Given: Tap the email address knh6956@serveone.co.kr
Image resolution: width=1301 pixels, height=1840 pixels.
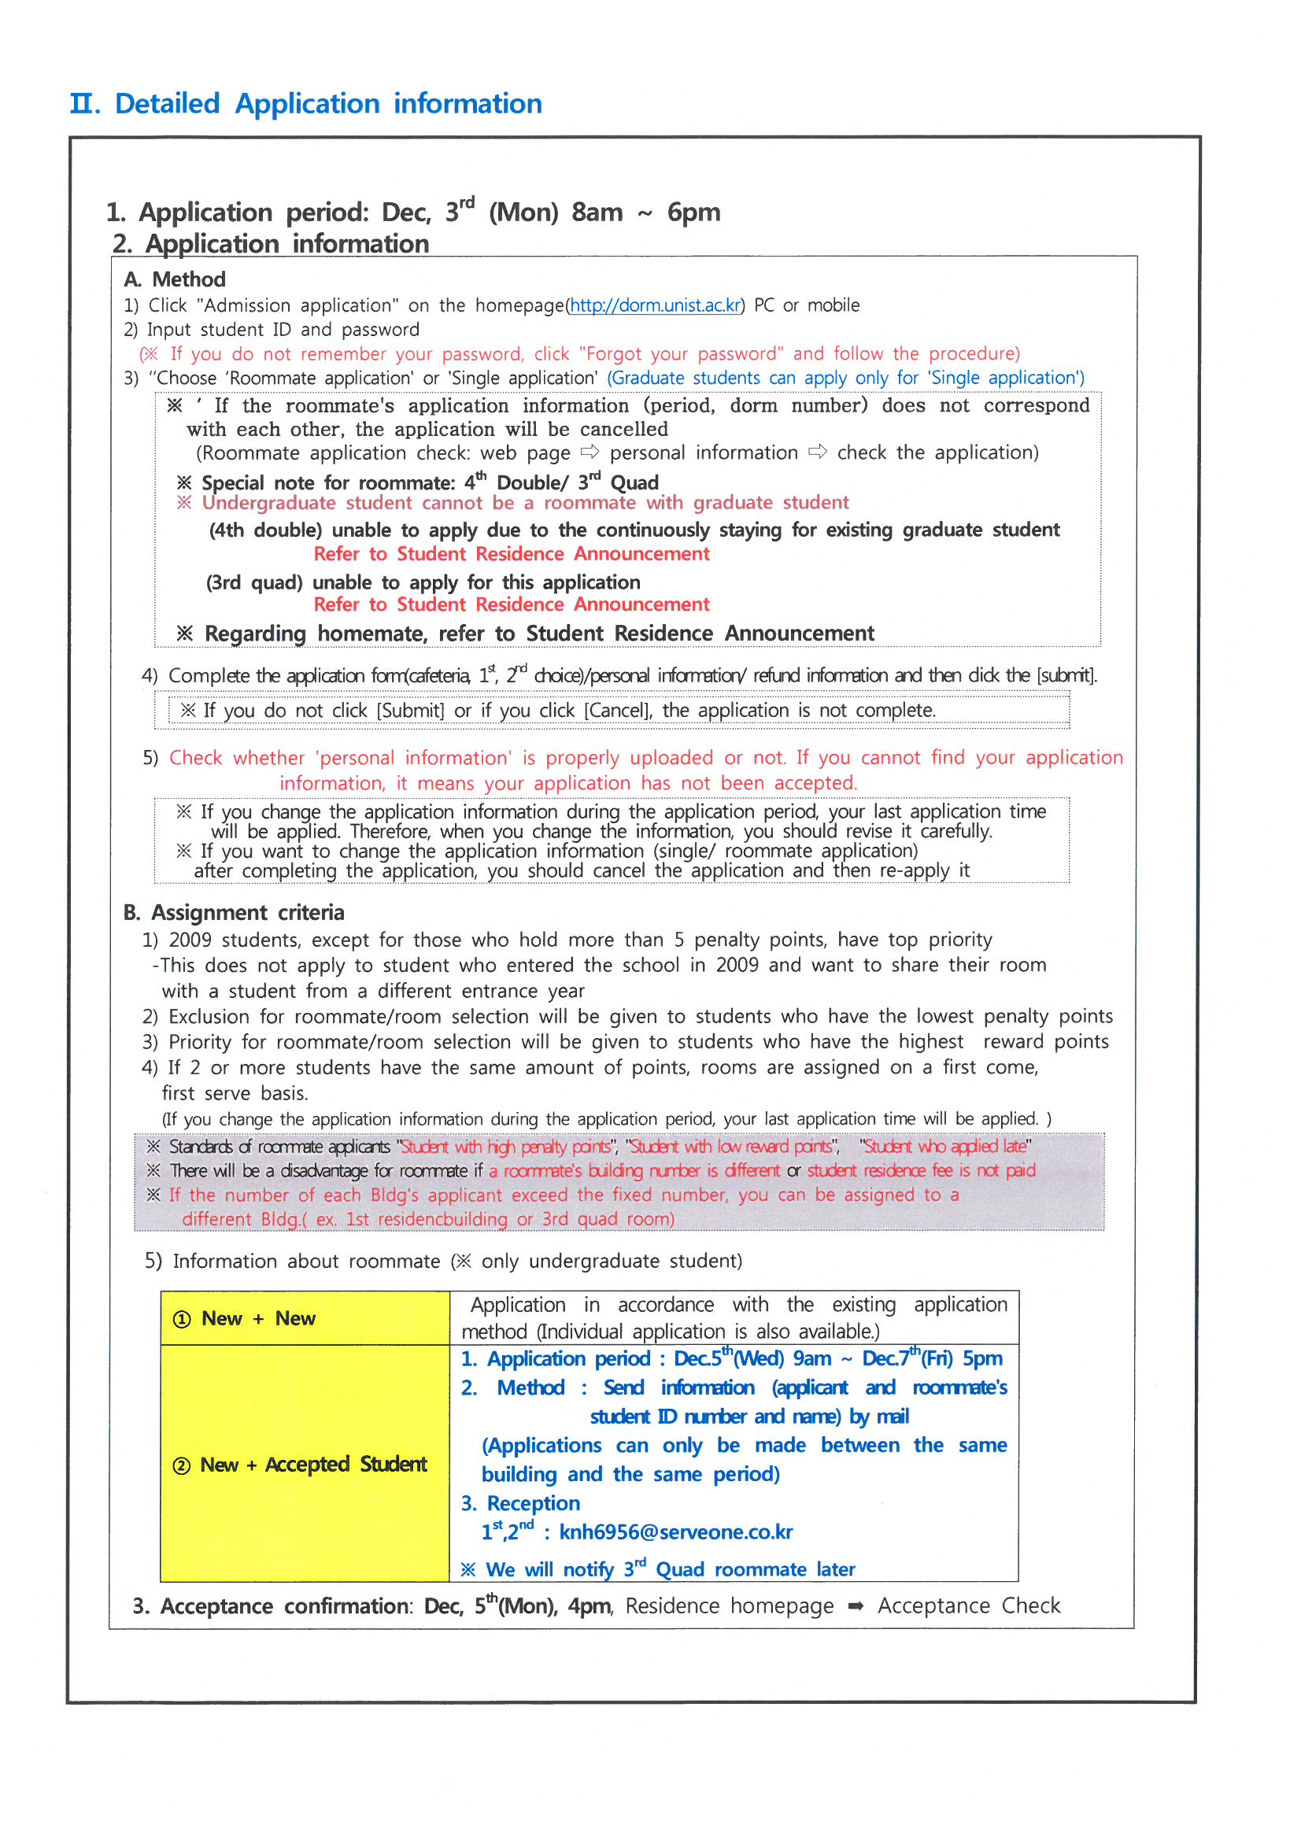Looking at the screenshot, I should coord(675,1532).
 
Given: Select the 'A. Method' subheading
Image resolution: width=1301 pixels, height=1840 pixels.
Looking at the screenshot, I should coord(175,279).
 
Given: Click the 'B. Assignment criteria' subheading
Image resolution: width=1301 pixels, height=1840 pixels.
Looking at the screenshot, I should coord(233,913).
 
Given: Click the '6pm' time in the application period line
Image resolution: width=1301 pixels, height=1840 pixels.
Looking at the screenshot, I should coord(693,212).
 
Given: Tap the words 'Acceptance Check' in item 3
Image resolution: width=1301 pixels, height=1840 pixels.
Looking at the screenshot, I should coord(968,1606).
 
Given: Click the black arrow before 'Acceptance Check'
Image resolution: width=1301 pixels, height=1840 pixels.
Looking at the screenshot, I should coord(856,1606).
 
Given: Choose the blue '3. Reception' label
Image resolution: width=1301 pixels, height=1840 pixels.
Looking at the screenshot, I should coord(521,1503).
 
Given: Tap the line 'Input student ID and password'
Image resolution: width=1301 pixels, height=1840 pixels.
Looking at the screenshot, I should coord(283,330).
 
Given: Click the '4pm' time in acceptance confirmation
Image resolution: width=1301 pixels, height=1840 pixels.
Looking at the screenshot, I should coord(590,1606).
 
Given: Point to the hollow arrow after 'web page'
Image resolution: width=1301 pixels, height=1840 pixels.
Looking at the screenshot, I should coord(590,452).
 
